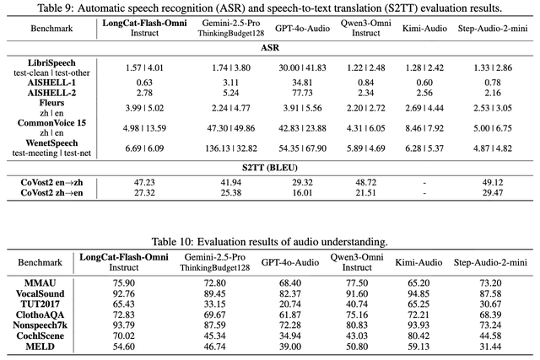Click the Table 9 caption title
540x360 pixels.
(270, 8)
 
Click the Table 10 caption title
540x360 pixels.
(270, 242)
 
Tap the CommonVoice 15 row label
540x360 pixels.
(52, 123)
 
